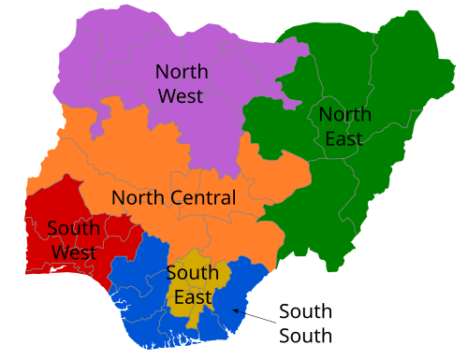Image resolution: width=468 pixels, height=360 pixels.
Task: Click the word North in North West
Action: [x=182, y=71]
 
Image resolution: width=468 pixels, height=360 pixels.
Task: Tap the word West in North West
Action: [x=181, y=95]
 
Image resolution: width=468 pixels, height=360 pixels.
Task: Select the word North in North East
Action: [x=344, y=115]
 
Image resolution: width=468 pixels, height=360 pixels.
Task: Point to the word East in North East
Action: [x=344, y=139]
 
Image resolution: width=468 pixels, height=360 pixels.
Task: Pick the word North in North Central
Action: [x=139, y=198]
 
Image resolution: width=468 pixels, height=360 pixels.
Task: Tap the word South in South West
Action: [x=73, y=228]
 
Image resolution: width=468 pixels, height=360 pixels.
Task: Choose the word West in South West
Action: [x=73, y=252]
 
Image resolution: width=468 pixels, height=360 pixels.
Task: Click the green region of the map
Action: [x=393, y=187]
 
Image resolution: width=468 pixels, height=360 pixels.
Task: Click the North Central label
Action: [x=173, y=198]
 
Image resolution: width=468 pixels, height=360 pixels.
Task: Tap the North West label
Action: [x=182, y=83]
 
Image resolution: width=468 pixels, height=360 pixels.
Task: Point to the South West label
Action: [x=73, y=240]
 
